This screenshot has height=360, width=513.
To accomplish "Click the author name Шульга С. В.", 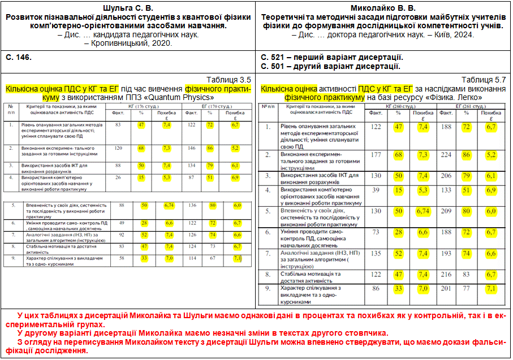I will (x=129, y=8).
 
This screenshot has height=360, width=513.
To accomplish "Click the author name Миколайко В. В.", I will (x=382, y=8).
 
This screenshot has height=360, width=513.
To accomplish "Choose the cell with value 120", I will (x=118, y=148).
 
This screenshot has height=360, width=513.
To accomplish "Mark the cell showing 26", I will (x=118, y=177).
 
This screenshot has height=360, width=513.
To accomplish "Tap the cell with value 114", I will (x=192, y=258).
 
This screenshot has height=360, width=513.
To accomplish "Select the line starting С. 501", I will (x=330, y=66).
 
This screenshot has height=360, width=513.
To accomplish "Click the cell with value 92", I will (x=121, y=234).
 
